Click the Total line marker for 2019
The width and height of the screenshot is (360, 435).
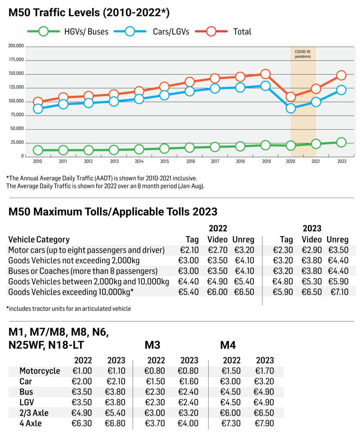pos(265,74)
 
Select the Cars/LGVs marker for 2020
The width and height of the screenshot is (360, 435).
pos(291,108)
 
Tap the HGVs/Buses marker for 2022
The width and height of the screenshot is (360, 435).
pos(341,142)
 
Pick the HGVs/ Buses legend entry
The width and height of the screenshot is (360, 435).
pos(68,31)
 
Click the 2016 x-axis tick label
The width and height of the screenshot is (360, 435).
pos(190,161)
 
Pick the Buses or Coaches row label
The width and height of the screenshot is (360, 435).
pos(82,271)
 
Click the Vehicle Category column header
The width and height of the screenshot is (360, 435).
pos(39,239)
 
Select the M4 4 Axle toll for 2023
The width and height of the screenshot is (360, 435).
pos(264,423)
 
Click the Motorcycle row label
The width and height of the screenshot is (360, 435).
pos(40,371)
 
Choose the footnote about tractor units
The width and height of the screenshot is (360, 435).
pos(69,309)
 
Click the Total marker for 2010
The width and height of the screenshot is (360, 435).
pos(38,102)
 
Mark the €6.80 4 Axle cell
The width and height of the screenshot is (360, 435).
pos(116,423)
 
